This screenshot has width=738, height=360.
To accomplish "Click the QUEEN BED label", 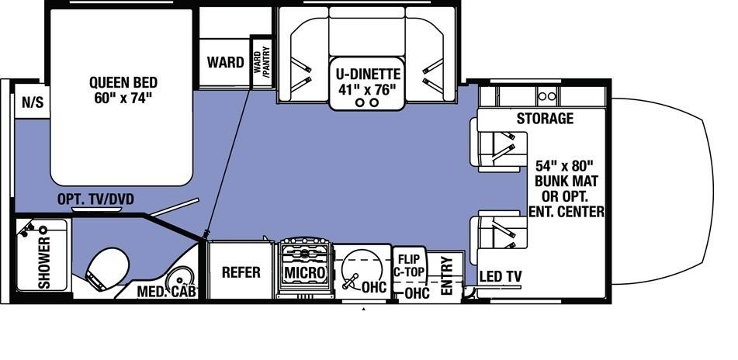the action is [123, 82].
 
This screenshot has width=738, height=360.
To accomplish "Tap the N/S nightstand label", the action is [33, 102].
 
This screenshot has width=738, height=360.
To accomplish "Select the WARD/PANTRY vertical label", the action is [262, 61].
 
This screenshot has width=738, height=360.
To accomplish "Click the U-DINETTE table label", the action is [368, 74].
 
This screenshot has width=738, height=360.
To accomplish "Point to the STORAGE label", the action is [545, 118].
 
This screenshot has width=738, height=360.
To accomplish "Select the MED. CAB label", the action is [167, 292].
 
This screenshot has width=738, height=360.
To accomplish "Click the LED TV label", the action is [501, 277].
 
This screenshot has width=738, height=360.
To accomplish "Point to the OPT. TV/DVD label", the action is [95, 199].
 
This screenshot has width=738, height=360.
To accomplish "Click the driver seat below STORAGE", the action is [498, 144].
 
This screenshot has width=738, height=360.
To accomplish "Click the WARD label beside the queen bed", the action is [226, 62].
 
